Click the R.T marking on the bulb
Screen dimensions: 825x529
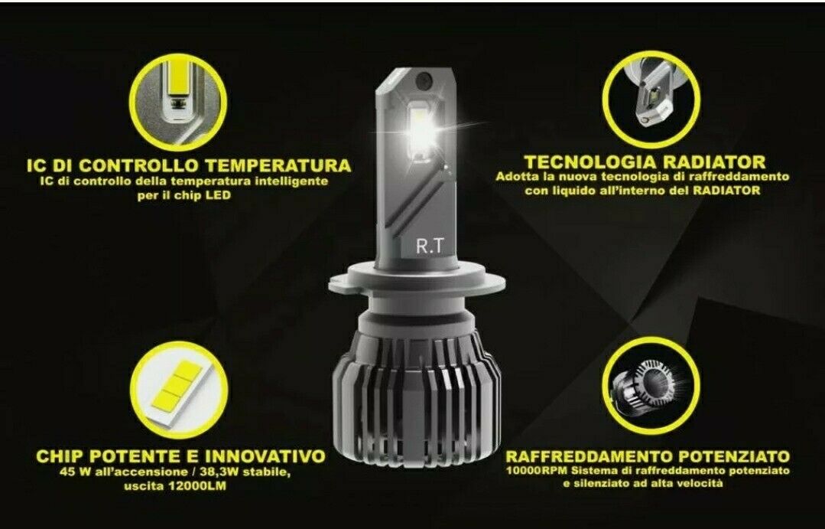coord(430,246)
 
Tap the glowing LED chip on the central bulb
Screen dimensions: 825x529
coord(422,129)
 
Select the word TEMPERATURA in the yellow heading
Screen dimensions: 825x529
coord(278,165)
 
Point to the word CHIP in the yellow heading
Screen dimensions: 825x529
coord(63,456)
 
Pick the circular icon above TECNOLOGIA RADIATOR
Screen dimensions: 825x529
coord(651,100)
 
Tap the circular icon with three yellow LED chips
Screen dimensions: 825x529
coord(179,390)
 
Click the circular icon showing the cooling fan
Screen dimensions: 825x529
coord(651,386)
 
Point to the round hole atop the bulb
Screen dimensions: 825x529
coord(424,81)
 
